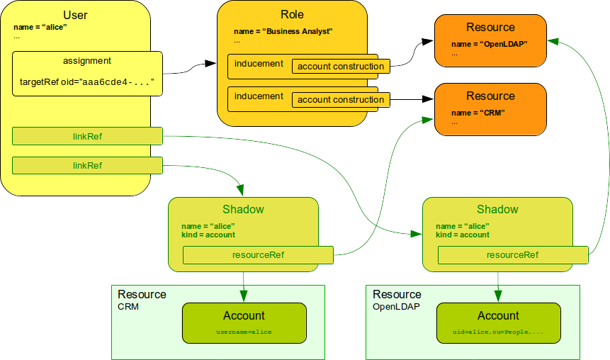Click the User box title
(x=75, y=15)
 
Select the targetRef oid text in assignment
(x=86, y=82)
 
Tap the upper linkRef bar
(x=87, y=136)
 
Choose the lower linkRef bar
(x=87, y=165)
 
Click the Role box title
(x=292, y=15)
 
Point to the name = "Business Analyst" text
(x=283, y=31)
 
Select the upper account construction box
(x=341, y=67)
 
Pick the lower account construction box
(x=341, y=100)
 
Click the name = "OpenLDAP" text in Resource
(x=490, y=44)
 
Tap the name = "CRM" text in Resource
(x=478, y=113)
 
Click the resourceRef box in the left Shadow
(x=258, y=255)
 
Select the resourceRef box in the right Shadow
(x=512, y=255)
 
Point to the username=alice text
(x=244, y=332)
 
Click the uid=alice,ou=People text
(x=498, y=332)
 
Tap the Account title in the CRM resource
(x=244, y=315)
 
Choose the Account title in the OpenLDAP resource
(x=498, y=315)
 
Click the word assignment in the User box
(x=87, y=61)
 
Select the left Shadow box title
(x=243, y=209)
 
